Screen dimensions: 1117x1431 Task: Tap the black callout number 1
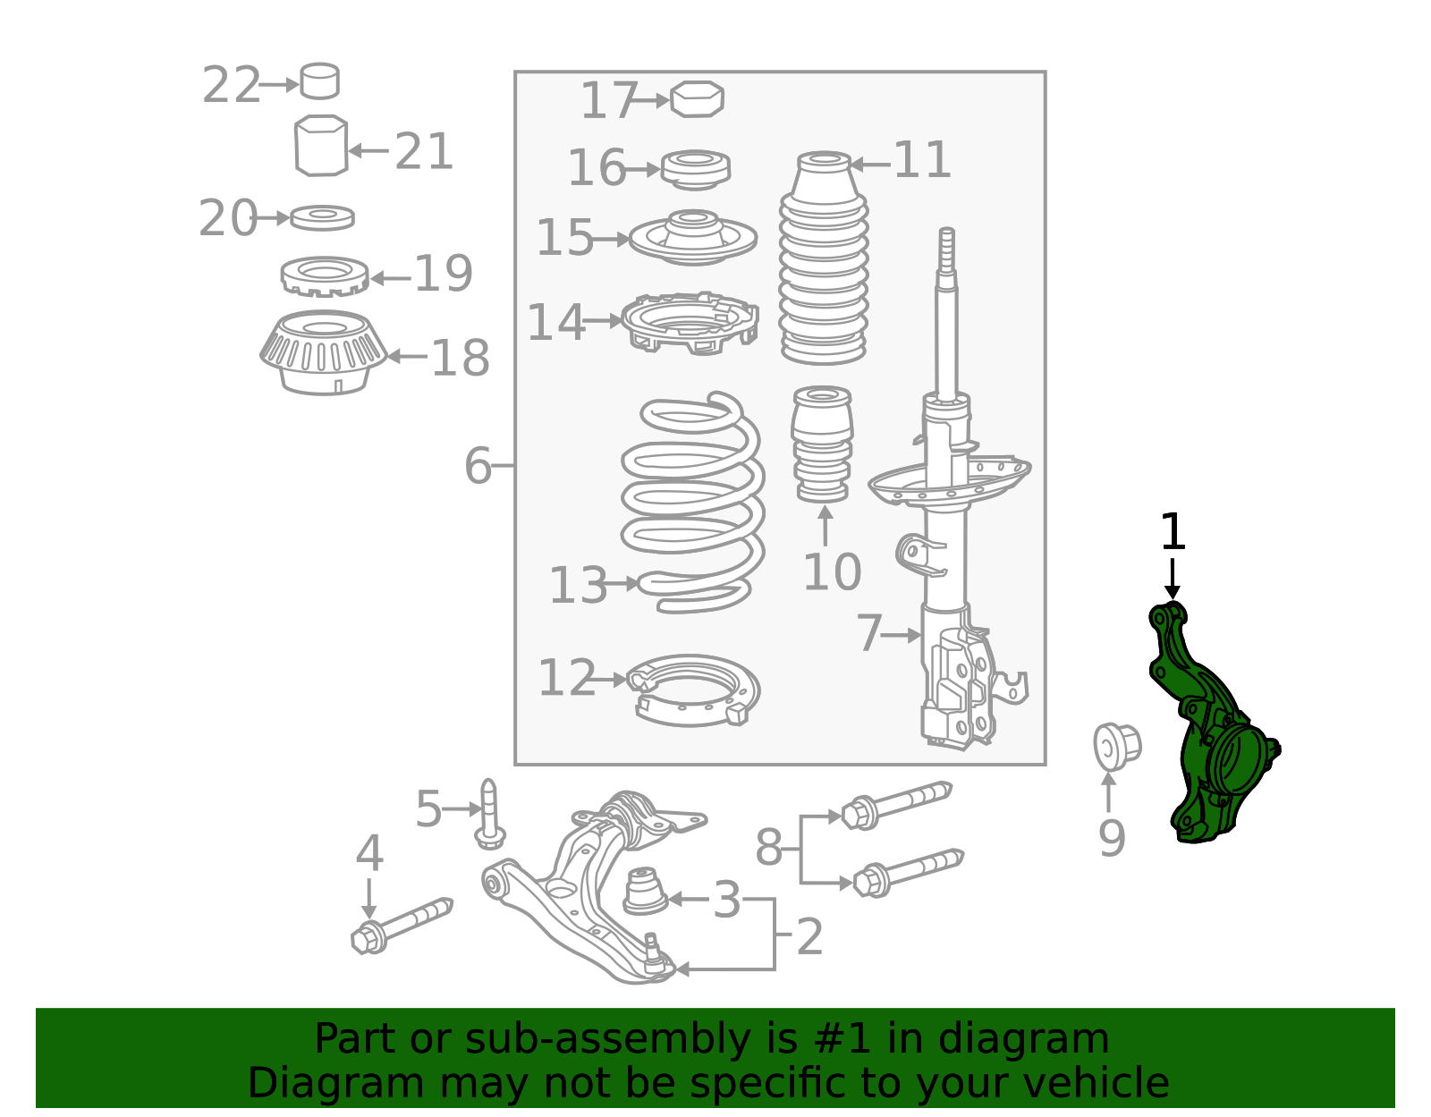[x=1172, y=533]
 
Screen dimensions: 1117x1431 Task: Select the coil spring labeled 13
[x=693, y=501]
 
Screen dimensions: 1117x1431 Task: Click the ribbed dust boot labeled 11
[x=824, y=259]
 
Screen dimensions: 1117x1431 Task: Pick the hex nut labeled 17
[x=697, y=99]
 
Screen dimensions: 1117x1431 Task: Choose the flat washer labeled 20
[x=322, y=217]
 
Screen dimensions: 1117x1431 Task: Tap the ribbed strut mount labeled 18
[x=323, y=353]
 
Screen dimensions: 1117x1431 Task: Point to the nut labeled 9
[x=1115, y=746]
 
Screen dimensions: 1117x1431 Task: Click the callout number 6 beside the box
[x=478, y=466]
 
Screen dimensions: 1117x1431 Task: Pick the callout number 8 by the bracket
[x=768, y=847]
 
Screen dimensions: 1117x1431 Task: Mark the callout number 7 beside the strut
[x=868, y=633]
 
